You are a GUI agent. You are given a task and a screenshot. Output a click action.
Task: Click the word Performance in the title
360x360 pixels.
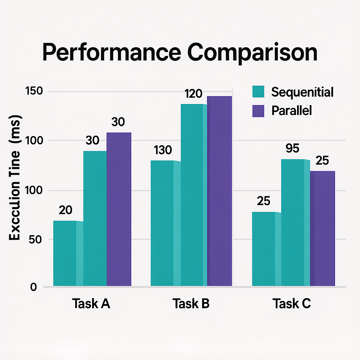click(111, 53)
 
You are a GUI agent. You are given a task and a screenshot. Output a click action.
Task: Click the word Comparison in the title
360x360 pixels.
click(252, 53)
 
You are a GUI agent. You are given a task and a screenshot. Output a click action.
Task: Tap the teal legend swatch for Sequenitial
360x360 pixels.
click(258, 92)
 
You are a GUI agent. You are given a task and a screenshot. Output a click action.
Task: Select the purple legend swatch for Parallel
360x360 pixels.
click(258, 111)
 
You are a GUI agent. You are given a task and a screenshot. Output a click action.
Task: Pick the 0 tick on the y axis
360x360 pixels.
click(34, 287)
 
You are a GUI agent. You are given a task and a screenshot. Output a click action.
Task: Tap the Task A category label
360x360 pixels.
click(91, 303)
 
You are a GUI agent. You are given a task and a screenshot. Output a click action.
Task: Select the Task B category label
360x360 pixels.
click(191, 303)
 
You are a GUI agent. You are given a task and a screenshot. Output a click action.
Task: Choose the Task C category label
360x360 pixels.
click(292, 303)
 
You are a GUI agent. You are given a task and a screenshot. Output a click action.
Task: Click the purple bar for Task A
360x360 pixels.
click(119, 209)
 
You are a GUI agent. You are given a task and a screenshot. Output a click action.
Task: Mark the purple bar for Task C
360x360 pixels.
click(322, 229)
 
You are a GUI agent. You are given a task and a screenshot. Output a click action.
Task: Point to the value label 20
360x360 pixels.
click(65, 210)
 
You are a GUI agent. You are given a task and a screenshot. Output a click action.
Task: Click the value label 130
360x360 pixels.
click(163, 150)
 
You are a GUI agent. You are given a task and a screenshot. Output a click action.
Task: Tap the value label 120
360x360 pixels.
click(193, 94)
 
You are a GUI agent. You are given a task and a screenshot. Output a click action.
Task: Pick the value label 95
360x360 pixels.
click(292, 148)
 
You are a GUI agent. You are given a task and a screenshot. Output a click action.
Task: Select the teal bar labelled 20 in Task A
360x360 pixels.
click(65, 253)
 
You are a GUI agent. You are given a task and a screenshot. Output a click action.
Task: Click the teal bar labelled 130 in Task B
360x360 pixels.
click(162, 223)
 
